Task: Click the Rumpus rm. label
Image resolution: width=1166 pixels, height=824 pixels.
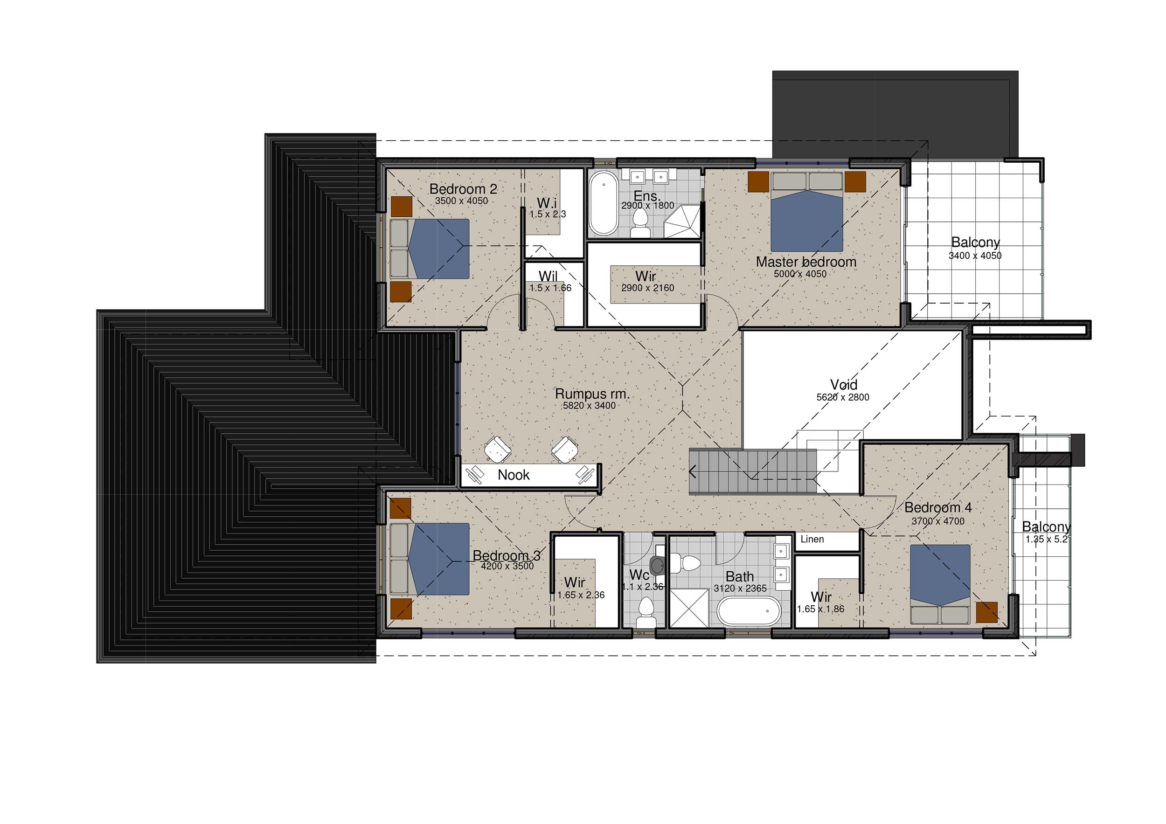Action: (x=592, y=394)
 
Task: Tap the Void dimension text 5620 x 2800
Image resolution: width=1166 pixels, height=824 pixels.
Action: (x=842, y=397)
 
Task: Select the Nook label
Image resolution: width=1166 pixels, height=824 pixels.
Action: (x=514, y=475)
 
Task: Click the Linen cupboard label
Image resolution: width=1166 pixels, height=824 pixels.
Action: (x=812, y=539)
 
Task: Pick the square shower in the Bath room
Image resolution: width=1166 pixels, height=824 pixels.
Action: (x=689, y=608)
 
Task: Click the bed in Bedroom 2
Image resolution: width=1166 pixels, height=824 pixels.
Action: (x=430, y=249)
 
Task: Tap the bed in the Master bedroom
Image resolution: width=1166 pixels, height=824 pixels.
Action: (x=807, y=212)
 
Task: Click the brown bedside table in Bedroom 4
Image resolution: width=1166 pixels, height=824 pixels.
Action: (x=986, y=612)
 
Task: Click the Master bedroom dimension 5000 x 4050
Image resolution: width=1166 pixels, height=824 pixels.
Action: (x=800, y=274)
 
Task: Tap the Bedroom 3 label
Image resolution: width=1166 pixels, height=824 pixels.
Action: (x=507, y=555)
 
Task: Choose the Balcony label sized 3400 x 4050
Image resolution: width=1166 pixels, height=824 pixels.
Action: (x=975, y=242)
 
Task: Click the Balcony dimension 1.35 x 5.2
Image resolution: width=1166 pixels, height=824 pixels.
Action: (x=1046, y=539)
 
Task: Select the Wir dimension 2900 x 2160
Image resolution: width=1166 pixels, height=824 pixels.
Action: (x=647, y=288)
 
